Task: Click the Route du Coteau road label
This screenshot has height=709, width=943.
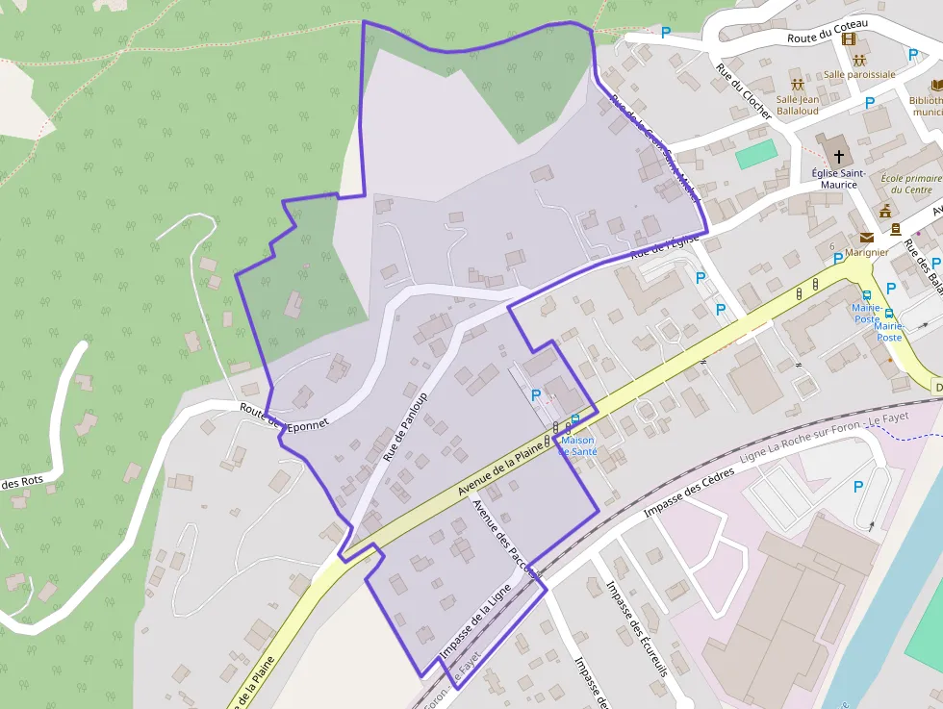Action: [828, 31]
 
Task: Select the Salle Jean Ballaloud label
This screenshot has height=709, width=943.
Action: [798, 104]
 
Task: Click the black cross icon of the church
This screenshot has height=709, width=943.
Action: [838, 155]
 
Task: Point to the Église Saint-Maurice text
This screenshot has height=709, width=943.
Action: [838, 178]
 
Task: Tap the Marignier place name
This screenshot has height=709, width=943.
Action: [867, 252]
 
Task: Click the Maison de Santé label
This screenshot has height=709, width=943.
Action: [578, 444]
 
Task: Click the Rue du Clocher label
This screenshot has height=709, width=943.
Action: [743, 91]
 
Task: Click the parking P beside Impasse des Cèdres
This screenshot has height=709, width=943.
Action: [857, 487]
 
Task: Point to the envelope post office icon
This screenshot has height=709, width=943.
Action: [867, 238]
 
